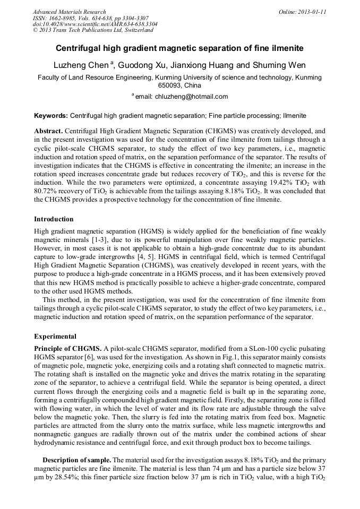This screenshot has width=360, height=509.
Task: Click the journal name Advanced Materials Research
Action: (x=69, y=12)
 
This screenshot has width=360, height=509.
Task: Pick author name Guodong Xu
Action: (x=142, y=65)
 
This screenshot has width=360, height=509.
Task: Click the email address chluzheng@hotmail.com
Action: (x=191, y=97)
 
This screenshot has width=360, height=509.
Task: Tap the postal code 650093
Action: (x=170, y=85)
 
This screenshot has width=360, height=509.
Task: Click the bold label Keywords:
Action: (x=51, y=115)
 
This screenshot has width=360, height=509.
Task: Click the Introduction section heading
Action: (x=54, y=219)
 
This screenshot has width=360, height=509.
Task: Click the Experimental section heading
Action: (x=55, y=337)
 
